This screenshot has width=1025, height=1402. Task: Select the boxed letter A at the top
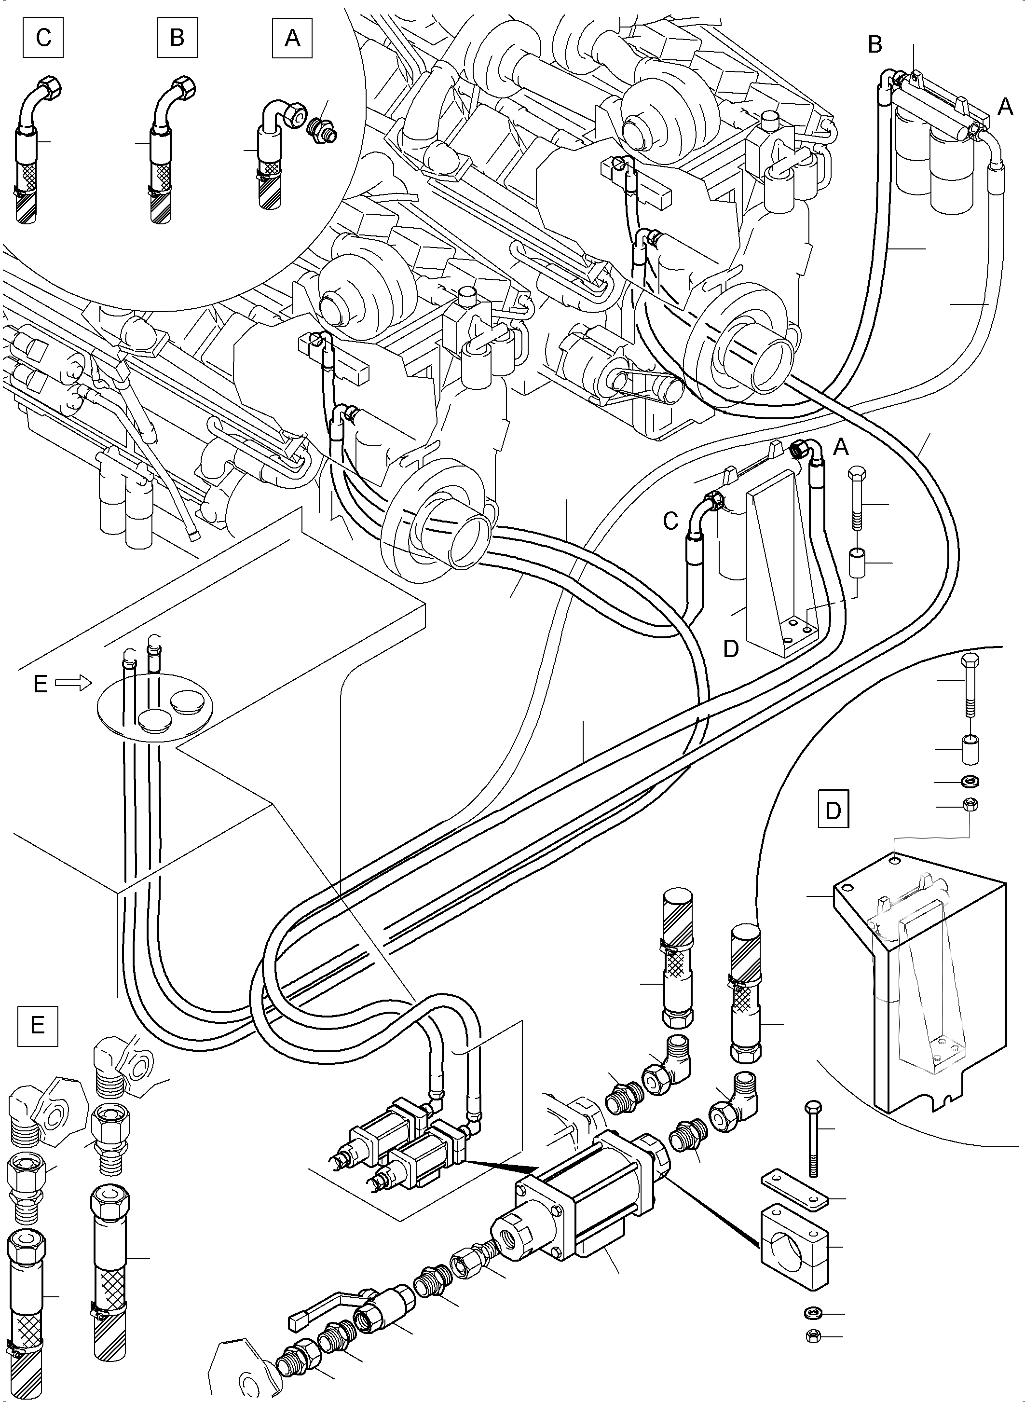[x=292, y=39]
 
